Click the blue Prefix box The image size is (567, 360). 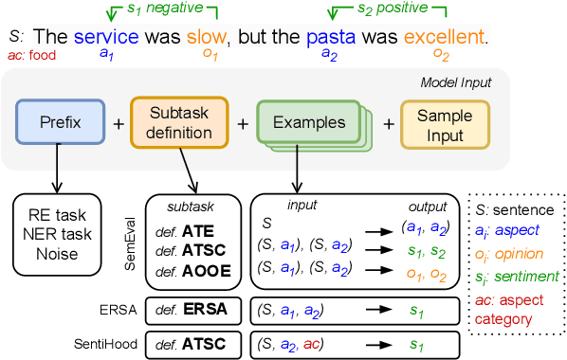[60, 123]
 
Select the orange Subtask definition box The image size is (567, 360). [178, 123]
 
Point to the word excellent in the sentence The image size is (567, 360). [443, 39]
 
